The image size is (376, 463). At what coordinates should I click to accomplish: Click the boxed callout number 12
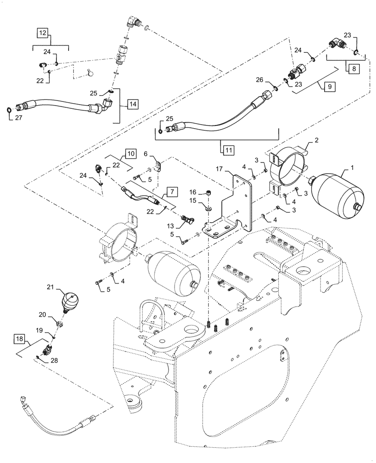pos(43,33)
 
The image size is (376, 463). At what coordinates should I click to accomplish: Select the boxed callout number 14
pos(132,104)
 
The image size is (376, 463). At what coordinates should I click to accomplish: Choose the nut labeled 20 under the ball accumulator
pos(61,323)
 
